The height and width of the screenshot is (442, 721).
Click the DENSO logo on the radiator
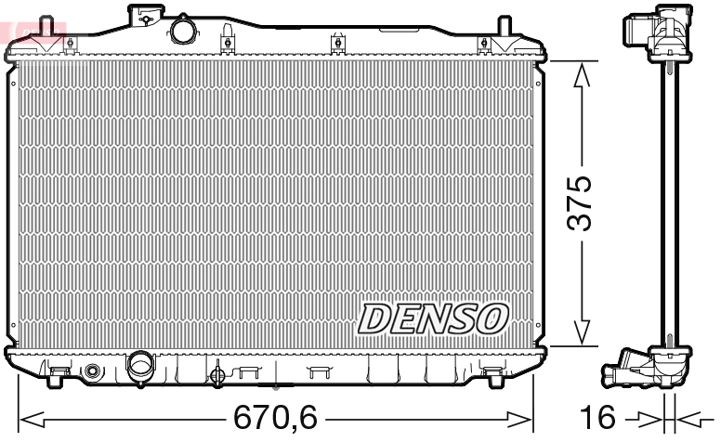coord(433,318)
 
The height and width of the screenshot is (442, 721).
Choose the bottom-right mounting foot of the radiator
coord(493,375)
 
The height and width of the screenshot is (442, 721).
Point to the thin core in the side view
coord(667,204)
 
